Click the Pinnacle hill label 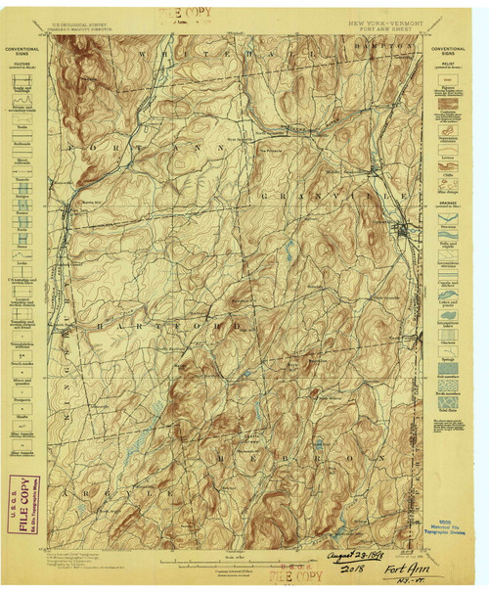[270, 152]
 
